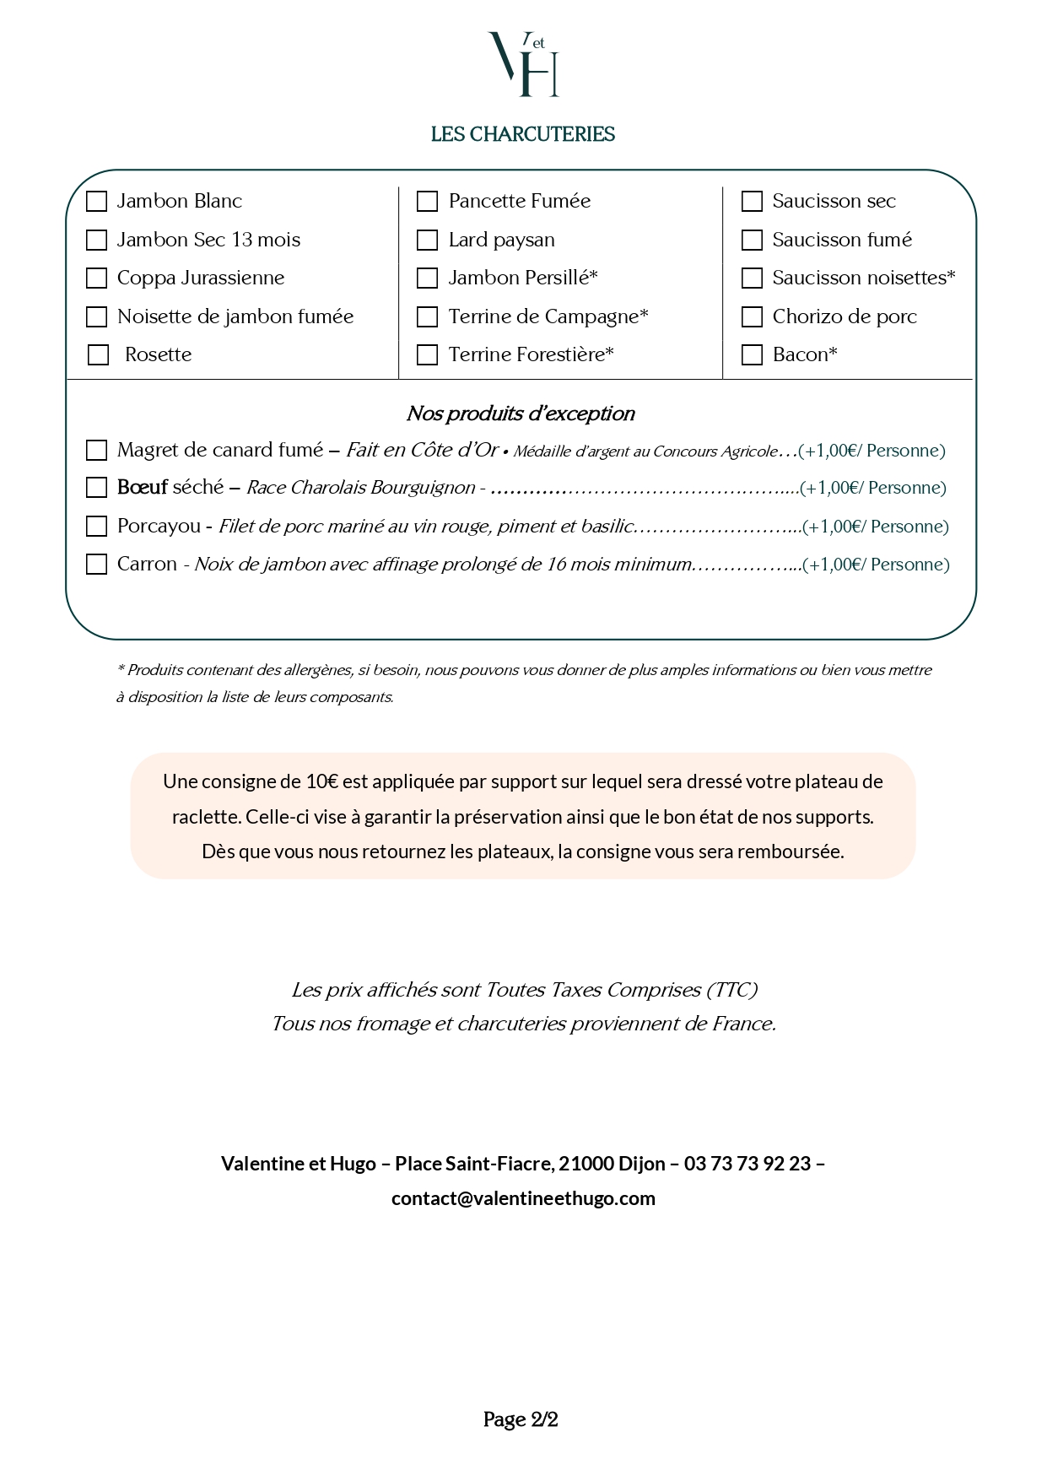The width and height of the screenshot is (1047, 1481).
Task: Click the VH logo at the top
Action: coord(523,65)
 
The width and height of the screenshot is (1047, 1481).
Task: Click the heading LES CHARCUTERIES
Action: coord(522,135)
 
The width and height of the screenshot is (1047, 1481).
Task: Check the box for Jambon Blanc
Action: coord(97,202)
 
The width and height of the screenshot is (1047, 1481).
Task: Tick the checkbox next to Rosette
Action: coord(99,355)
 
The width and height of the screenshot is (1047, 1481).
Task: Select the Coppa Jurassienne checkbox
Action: coord(97,278)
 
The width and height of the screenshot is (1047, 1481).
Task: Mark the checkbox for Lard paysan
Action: coord(428,241)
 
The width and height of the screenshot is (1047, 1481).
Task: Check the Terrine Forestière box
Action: coord(428,355)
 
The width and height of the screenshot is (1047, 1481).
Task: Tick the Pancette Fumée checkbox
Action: coord(428,202)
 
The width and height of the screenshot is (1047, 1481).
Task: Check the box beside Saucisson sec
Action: coord(752,202)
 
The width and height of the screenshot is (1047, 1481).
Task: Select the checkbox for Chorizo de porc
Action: coord(752,317)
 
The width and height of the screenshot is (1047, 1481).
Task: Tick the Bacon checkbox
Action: coord(752,355)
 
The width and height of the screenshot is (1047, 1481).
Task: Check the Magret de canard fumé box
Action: coord(97,451)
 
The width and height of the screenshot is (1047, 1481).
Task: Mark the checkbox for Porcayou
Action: coord(97,527)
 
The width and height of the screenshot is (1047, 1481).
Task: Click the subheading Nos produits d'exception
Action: coord(521,413)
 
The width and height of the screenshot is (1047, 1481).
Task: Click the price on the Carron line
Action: coord(876,565)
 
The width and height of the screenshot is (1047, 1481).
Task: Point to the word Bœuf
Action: coord(142,488)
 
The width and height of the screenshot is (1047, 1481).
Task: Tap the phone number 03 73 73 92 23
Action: coord(747,1164)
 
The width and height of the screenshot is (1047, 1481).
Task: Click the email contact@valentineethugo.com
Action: coord(523,1198)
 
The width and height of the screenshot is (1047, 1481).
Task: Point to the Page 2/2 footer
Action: coord(521,1419)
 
